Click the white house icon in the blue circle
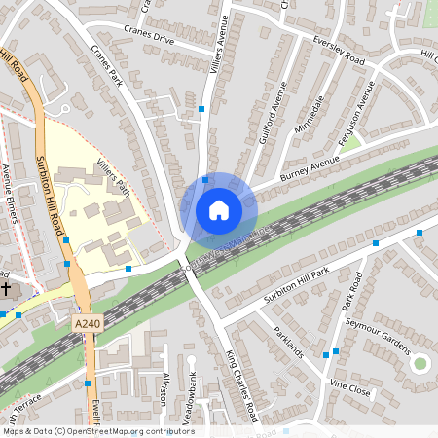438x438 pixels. click(x=219, y=209)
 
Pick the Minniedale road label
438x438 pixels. click(x=308, y=116)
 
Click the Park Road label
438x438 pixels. click(x=351, y=292)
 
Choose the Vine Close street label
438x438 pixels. click(x=350, y=388)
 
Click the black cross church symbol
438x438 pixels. click(x=5, y=289)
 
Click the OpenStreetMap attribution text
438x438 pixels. click(x=98, y=431)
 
